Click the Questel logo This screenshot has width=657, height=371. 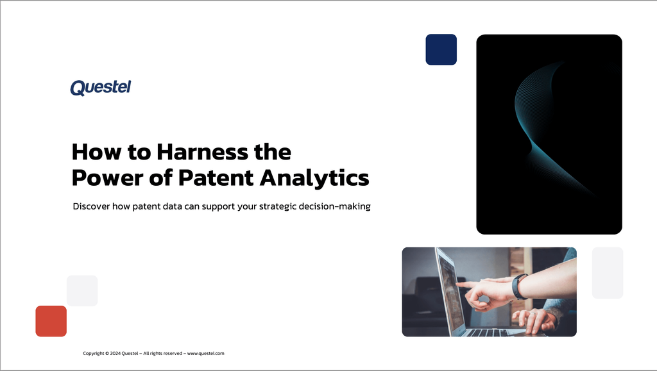coord(100,87)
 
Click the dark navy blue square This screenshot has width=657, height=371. coord(441,49)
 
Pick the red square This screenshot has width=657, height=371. coord(51,321)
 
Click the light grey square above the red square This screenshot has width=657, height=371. coord(82,291)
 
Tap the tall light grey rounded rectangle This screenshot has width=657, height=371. coord(607,273)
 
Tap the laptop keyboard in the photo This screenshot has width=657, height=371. coord(491,331)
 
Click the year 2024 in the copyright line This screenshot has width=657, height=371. coord(115,353)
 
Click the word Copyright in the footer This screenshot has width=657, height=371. coord(94,353)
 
